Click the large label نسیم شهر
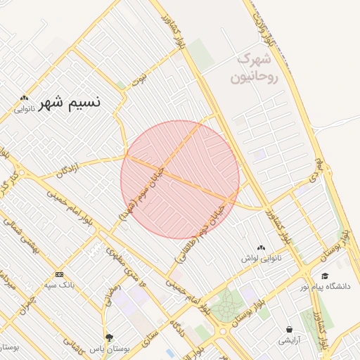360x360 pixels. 70,102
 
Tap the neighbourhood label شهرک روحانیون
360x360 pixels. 258,67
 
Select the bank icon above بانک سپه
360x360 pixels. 59,274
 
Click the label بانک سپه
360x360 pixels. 59,285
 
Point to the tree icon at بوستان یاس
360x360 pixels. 109,337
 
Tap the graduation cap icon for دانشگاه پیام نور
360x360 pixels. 325,276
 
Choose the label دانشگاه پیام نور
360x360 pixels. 325,286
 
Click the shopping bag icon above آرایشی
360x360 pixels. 289,329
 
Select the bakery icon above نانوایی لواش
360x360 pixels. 262,247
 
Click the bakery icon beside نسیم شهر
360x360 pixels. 25,98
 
